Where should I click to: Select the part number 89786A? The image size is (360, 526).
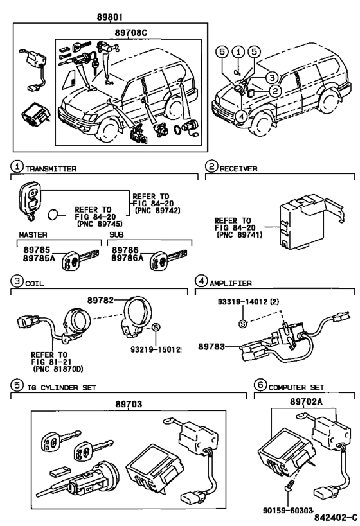(127, 259)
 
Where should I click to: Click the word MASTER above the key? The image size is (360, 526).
(30, 234)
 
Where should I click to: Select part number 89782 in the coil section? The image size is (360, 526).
(103, 301)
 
